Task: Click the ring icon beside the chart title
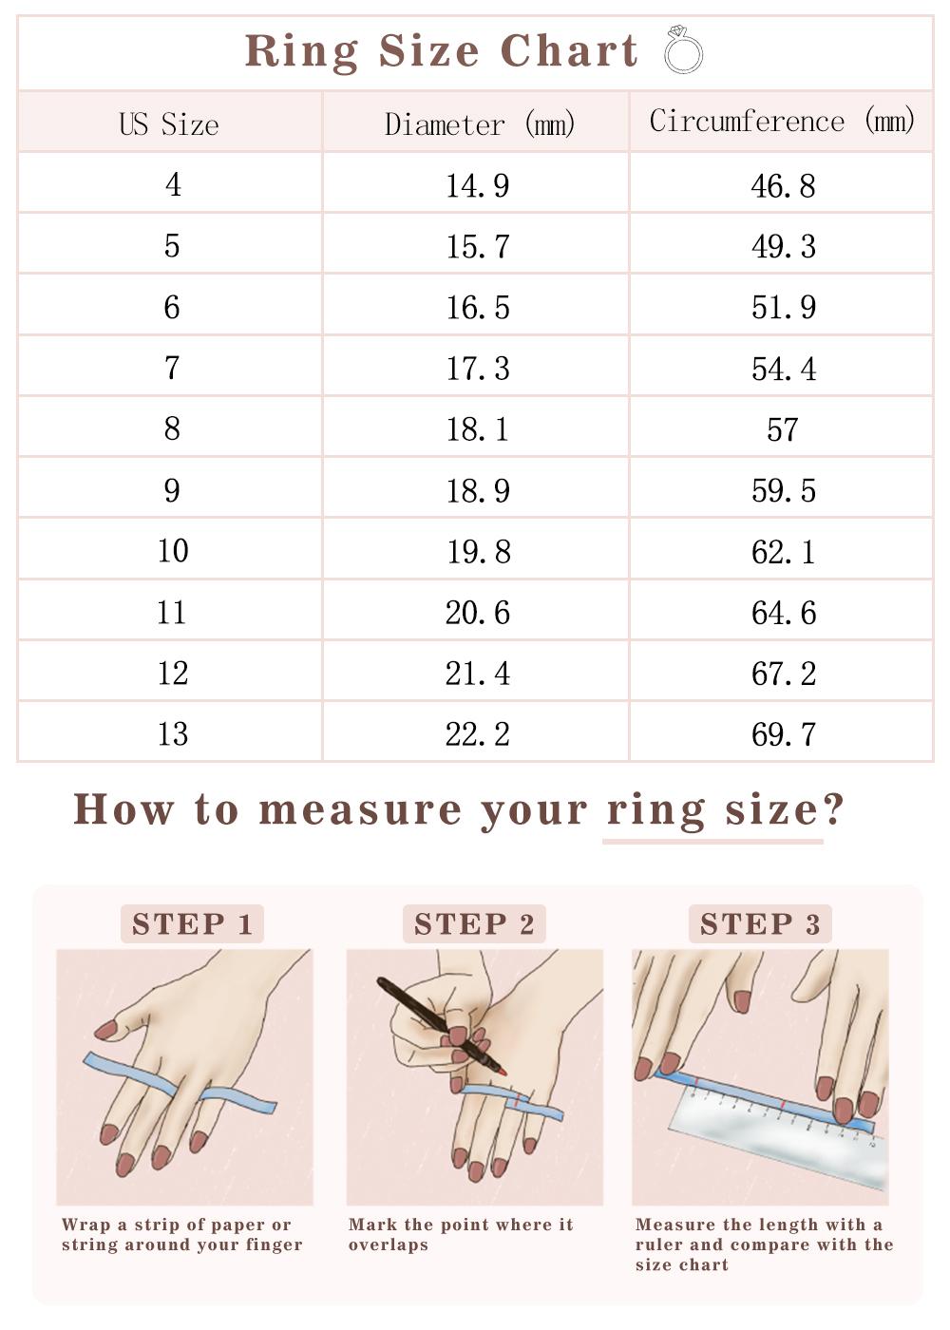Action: click(683, 49)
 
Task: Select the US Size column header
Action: click(169, 124)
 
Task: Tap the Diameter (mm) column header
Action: click(479, 124)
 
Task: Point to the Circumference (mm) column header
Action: click(781, 122)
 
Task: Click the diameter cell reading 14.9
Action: click(478, 185)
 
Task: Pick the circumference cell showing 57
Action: click(782, 429)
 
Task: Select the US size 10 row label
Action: click(173, 551)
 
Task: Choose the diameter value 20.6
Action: click(478, 613)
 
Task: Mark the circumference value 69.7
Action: click(783, 734)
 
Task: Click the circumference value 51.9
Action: click(783, 308)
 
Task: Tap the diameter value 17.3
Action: click(478, 369)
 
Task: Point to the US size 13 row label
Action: click(173, 734)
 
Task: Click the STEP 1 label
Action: click(192, 923)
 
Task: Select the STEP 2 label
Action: click(474, 923)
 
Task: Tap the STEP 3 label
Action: click(760, 923)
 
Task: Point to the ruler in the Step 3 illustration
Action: click(779, 1140)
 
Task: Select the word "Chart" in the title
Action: click(569, 50)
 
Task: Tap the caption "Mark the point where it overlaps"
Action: click(461, 1234)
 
